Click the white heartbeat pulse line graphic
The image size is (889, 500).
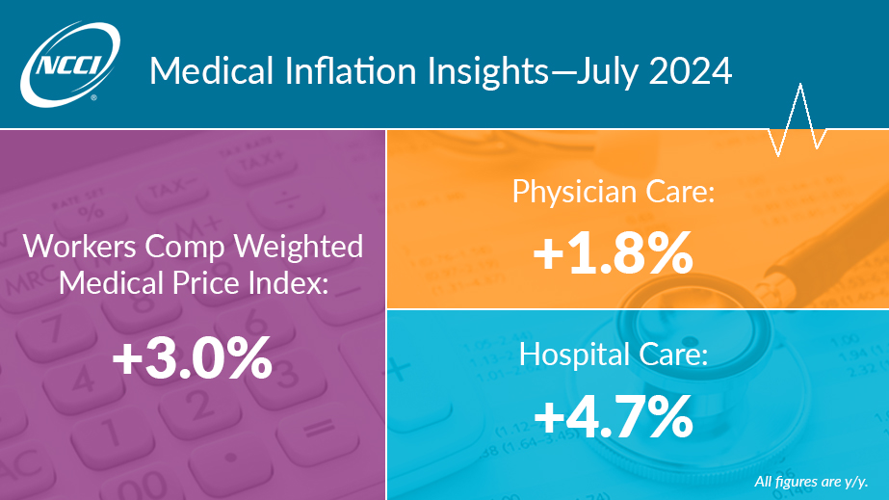click(797, 120)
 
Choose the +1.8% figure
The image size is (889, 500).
click(612, 253)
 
